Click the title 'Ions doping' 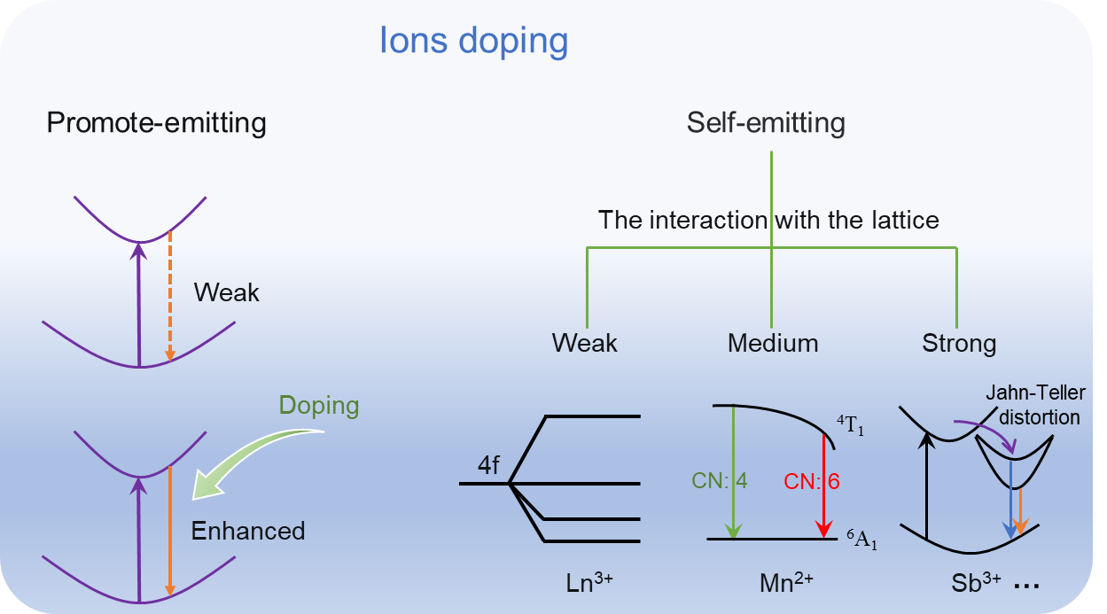[473, 42]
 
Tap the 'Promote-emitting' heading [156, 123]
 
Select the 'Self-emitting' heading [766, 123]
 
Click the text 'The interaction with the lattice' [768, 219]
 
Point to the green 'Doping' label [319, 406]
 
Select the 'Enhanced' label [248, 531]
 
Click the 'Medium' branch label [773, 343]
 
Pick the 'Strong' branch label [959, 343]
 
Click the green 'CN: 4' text [720, 481]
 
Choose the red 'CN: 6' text [811, 481]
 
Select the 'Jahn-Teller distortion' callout [1036, 404]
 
